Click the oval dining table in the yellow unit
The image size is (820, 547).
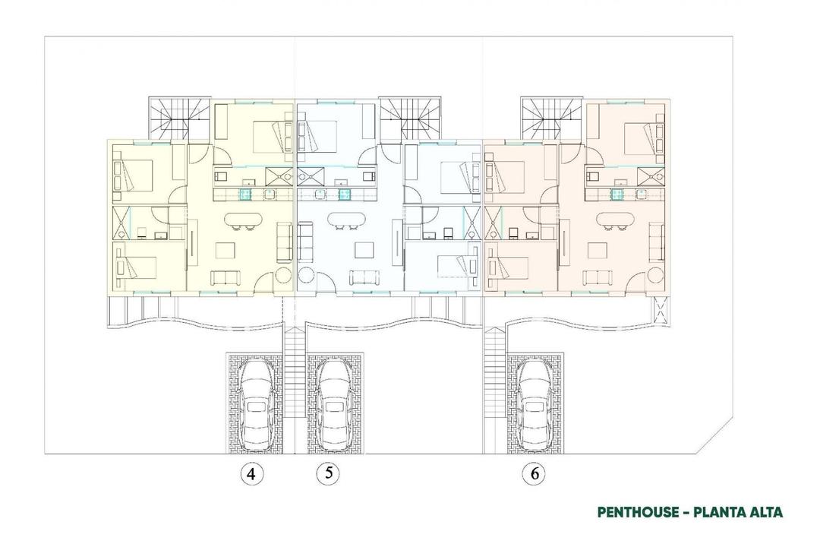coord(244,220)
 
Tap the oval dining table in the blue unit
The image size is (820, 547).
coord(345,220)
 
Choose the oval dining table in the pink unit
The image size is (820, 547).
coord(616,220)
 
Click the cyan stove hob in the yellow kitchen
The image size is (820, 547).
coord(245,194)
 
